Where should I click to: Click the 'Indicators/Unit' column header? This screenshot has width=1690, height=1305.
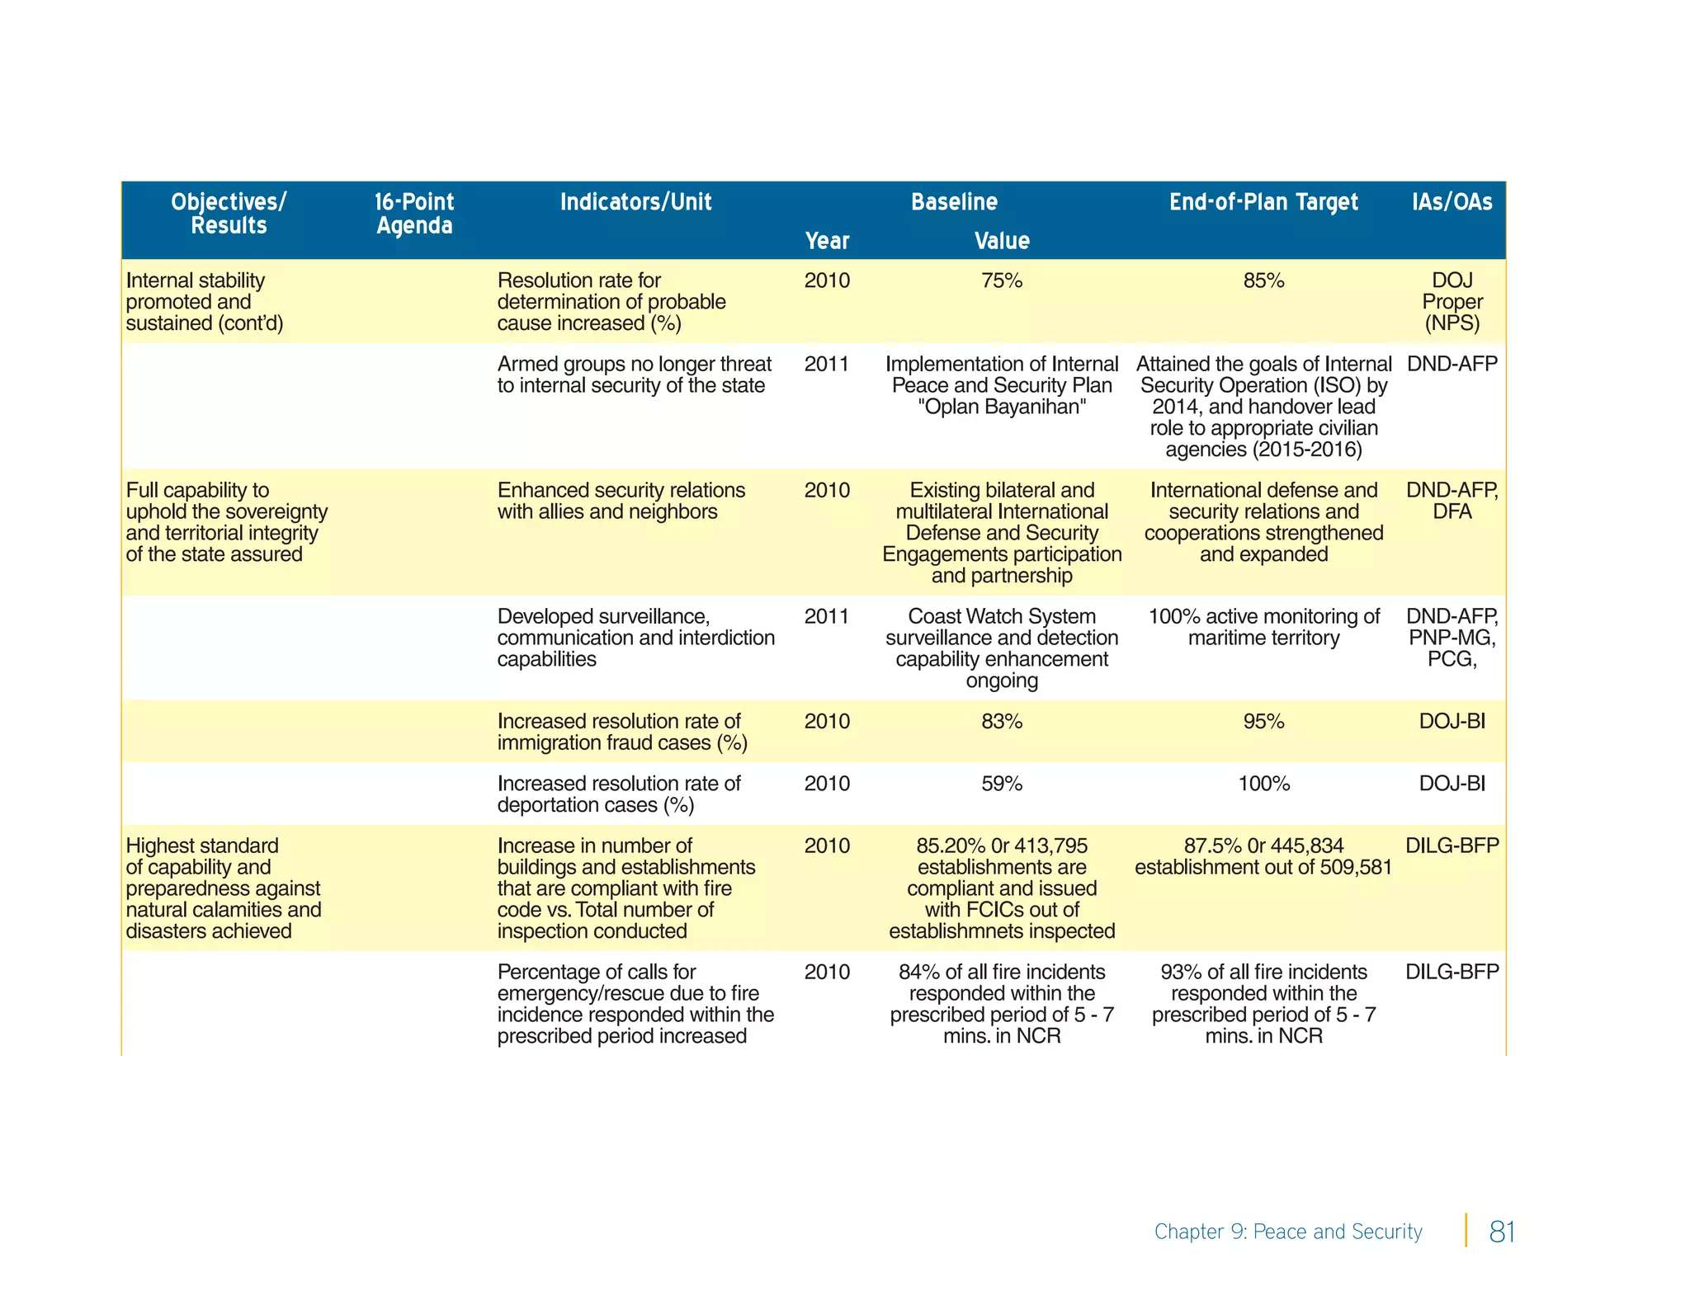635,202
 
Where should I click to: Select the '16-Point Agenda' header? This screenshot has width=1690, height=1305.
414,214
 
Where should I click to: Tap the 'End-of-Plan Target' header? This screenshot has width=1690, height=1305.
1263,202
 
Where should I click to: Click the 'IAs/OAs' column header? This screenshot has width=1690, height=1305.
1452,202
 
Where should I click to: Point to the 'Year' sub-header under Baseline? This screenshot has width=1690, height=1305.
827,241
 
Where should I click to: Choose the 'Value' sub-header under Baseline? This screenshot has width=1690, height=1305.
1002,241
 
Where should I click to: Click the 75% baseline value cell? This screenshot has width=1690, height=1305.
1002,281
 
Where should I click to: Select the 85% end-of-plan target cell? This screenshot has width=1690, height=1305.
1263,281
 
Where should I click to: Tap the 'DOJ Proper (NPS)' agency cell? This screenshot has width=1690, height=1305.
1452,302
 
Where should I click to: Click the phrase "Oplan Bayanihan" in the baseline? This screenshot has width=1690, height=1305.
1002,408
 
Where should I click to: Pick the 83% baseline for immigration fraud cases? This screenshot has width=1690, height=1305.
1002,722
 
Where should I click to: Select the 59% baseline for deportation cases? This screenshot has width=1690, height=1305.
1002,784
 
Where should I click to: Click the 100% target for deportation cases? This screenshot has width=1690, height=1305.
1263,784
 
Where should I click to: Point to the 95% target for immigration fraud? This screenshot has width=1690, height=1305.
1263,722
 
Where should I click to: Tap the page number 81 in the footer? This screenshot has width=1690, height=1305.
1502,1232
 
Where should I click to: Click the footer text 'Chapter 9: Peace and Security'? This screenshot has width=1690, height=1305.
1288,1232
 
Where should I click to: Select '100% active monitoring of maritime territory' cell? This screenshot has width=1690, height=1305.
1263,627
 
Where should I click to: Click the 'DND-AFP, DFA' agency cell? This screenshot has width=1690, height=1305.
1452,501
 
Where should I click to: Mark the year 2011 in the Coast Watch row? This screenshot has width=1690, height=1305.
827,617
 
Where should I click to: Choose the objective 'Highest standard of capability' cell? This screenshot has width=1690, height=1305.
223,888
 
